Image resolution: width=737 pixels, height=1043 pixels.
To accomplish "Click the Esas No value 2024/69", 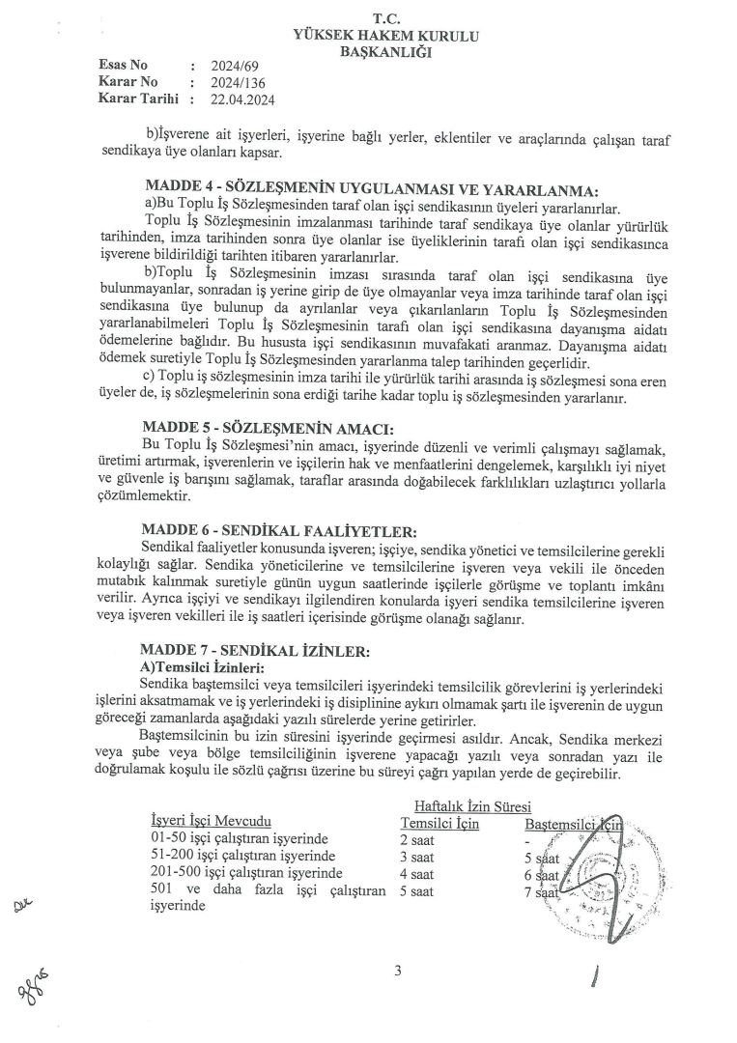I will pos(229,66).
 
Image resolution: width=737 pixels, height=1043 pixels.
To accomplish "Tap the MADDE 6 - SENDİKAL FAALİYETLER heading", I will pos(279,530).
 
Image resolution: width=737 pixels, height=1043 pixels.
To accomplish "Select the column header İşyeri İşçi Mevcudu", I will pos(204,822).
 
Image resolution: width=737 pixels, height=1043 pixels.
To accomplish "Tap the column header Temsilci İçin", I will pos(439,823).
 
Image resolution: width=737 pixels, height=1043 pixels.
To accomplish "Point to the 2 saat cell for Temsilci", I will pos(417,839).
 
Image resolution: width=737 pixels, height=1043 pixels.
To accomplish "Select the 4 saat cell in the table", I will pos(417,874).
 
